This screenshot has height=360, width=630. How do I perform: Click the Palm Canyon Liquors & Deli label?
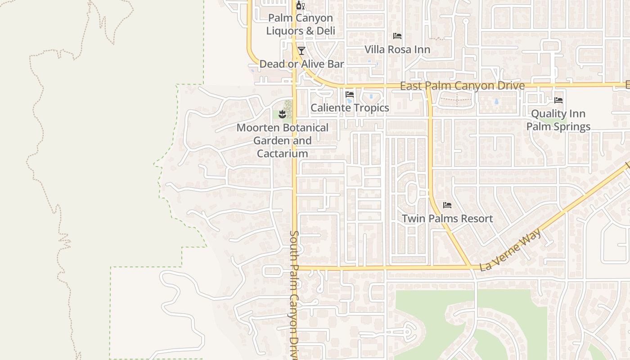click(301, 24)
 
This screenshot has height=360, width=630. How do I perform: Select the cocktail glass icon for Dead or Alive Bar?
click(301, 50)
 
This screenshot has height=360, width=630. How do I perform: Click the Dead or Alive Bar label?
click(301, 64)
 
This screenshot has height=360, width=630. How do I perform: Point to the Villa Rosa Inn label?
click(397, 49)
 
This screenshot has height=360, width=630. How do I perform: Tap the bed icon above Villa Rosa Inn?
click(397, 36)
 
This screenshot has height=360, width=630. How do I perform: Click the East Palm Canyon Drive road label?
click(462, 85)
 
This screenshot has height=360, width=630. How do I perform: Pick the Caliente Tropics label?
click(350, 108)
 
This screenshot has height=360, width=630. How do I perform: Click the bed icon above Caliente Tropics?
click(350, 94)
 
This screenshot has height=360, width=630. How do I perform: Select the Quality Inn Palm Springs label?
click(558, 120)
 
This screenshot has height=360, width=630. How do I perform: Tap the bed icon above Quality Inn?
click(558, 100)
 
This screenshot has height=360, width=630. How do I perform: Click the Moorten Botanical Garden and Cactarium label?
click(283, 140)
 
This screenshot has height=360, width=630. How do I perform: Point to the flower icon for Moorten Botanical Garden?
click(283, 114)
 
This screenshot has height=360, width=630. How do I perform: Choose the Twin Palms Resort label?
click(447, 219)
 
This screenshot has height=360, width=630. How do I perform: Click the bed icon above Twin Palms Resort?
click(447, 205)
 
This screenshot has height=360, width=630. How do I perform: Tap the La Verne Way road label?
click(511, 250)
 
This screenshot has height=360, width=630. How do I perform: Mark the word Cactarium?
click(283, 153)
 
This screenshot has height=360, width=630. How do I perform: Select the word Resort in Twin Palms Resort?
click(476, 219)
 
